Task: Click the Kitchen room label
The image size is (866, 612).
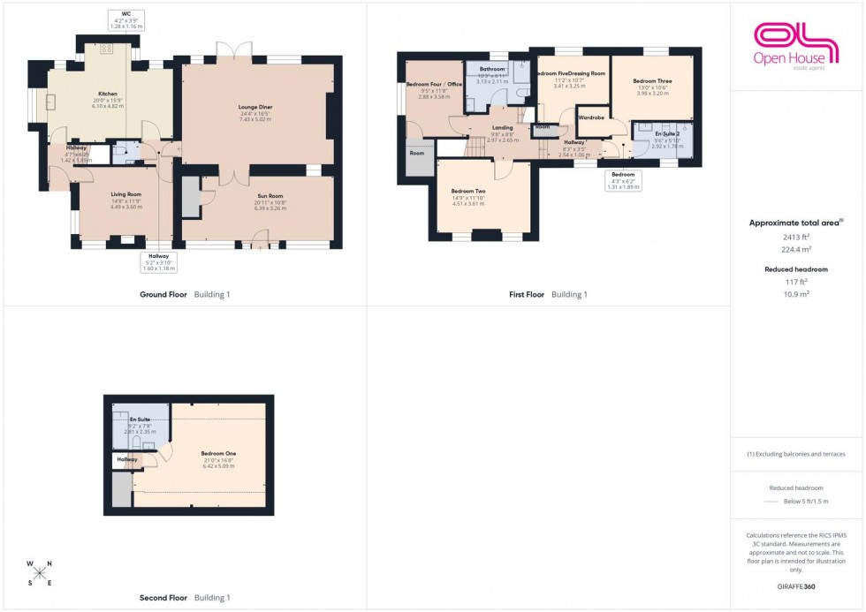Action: point(107,93)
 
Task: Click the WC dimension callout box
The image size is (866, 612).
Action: point(126,20)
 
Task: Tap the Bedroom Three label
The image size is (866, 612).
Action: point(652,81)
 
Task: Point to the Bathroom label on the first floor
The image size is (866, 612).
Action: point(491,69)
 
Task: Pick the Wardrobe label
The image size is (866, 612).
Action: point(590,117)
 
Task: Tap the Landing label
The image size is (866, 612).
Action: point(502,128)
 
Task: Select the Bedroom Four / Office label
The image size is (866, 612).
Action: point(428,85)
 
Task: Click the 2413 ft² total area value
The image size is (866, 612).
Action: point(797,238)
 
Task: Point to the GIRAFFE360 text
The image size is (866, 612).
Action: point(797,586)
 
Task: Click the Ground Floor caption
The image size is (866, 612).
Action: point(163,294)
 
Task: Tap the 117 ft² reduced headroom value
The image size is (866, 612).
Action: point(797,282)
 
